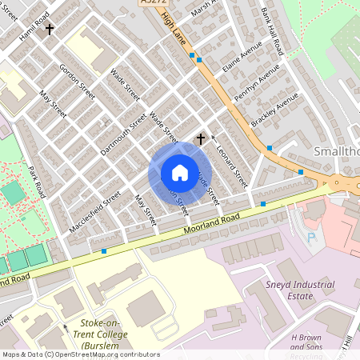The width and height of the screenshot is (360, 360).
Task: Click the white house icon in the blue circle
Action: pos(179,173)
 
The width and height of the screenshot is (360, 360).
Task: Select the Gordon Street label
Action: pos(78,82)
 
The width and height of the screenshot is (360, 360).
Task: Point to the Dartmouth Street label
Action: pos(123,133)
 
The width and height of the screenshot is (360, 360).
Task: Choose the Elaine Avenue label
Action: pos(242,60)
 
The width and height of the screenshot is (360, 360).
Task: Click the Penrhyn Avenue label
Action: pos(253,84)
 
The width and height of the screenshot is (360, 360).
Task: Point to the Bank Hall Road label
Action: pos(273,32)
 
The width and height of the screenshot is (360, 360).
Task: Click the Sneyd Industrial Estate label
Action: pos(300,290)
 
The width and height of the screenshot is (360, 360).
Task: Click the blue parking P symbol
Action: pos(312,238)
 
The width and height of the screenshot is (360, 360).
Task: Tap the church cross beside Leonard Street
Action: pos(200,139)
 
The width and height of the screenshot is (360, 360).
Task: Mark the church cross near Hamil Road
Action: pos(50,30)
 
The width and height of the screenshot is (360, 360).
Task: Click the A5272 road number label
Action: pos(151,4)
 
